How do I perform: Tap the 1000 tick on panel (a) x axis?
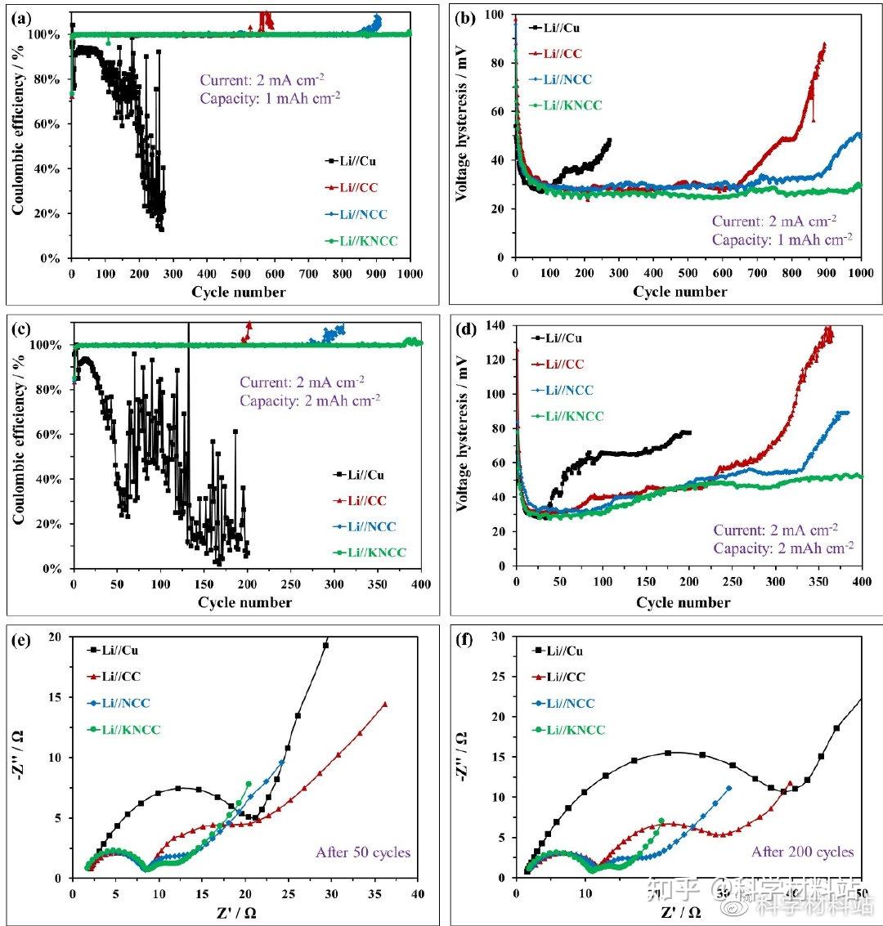pyautogui.click(x=410, y=274)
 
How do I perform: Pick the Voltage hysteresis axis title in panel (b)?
pyautogui.click(x=463, y=135)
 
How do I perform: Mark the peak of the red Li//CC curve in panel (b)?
pyautogui.click(x=824, y=44)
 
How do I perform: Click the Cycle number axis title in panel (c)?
pyautogui.click(x=244, y=602)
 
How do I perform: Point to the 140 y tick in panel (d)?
pyautogui.click(x=495, y=326)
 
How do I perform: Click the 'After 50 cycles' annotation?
pyautogui.click(x=363, y=852)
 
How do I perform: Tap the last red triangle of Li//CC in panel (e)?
pyautogui.click(x=384, y=704)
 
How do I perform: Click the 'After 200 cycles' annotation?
pyautogui.click(x=803, y=852)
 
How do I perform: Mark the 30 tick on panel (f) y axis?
pyautogui.click(x=499, y=635)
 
